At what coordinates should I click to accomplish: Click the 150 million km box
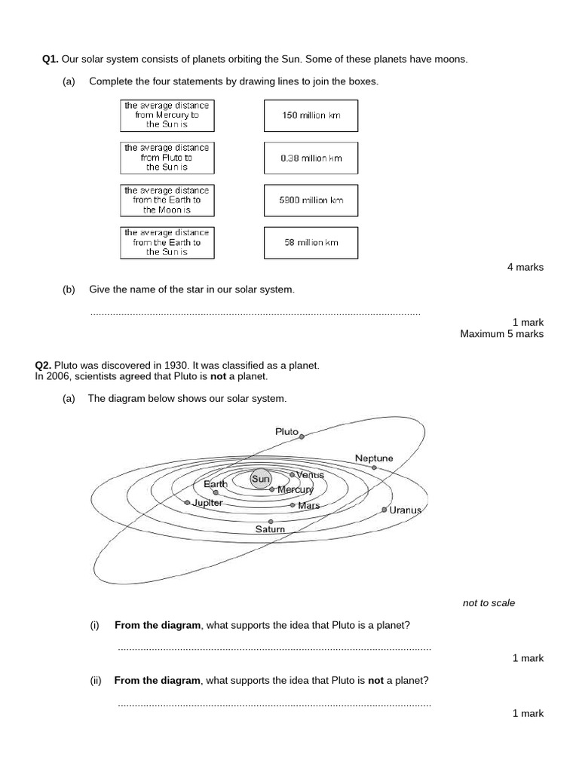pos(311,116)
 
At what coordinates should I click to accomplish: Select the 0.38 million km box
pos(311,158)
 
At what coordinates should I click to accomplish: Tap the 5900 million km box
pos(311,201)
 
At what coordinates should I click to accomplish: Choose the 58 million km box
pos(311,243)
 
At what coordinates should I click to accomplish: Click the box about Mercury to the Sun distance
pos(167,115)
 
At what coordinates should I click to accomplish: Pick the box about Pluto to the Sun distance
pos(167,158)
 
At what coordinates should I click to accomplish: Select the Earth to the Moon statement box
pos(167,201)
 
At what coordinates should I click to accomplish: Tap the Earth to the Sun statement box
pos(167,243)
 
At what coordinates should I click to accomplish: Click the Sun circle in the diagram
pos(261,479)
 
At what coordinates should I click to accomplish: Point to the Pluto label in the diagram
pos(286,431)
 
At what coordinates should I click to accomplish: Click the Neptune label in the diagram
pos(374,458)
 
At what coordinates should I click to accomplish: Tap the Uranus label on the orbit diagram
pos(405,510)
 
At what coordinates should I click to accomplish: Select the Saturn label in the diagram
pos(270,529)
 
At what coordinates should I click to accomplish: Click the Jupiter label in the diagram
pos(207,502)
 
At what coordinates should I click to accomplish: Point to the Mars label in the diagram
pos(309,505)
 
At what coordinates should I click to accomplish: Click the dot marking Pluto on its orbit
pos(302,436)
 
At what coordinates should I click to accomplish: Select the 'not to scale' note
pos(489,603)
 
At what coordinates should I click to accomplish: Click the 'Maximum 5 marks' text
pos(501,334)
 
